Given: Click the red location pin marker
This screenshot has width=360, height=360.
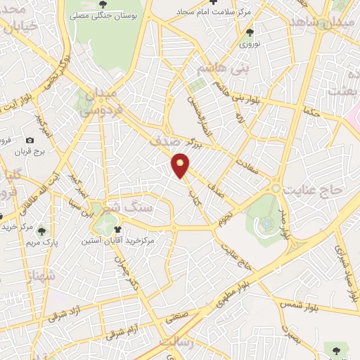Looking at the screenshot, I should (181, 166).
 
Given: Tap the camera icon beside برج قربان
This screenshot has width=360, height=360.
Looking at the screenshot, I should (30, 140).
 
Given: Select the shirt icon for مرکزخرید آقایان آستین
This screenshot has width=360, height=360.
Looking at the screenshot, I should (117, 229).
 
